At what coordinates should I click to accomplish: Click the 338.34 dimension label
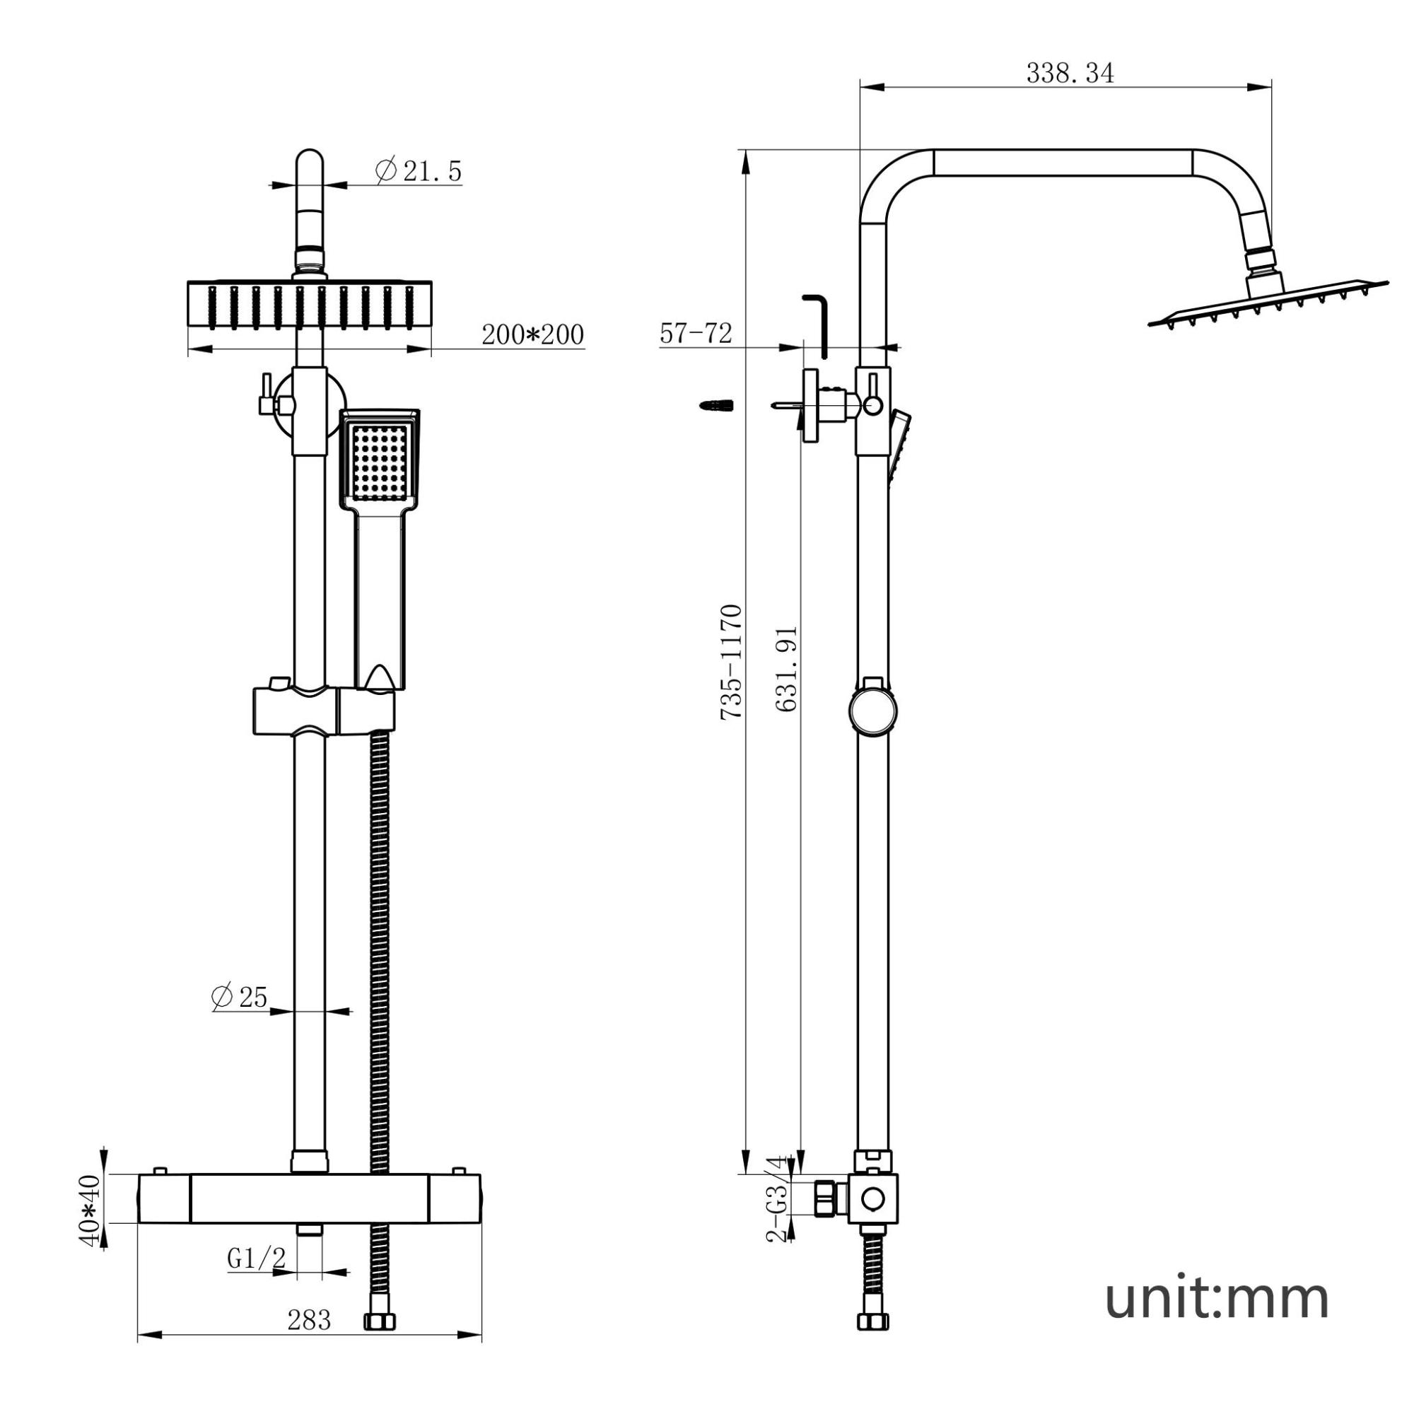(1070, 74)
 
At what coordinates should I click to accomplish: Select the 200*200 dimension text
(533, 335)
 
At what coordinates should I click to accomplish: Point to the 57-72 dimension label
(695, 334)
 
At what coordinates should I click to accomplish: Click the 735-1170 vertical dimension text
(732, 662)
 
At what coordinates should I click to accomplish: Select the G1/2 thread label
(256, 1258)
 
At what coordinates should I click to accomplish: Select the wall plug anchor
(716, 404)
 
